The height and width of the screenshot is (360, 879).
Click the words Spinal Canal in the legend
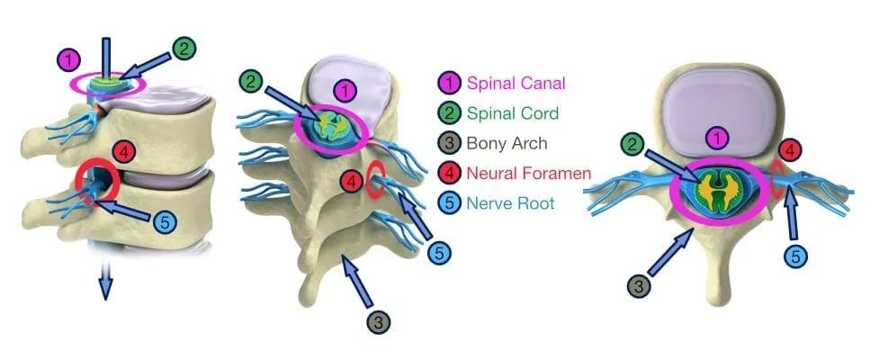[516, 84]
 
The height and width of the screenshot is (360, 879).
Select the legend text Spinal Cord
[513, 113]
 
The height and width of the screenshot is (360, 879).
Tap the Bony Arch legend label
[508, 143]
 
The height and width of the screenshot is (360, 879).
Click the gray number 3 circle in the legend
[447, 143]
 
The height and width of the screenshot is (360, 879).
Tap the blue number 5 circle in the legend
[447, 203]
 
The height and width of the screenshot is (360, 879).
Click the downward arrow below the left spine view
[105, 285]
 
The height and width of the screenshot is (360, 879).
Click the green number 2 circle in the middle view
[253, 81]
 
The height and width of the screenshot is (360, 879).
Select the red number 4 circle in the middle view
[354, 183]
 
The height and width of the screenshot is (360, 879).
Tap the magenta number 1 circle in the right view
[717, 139]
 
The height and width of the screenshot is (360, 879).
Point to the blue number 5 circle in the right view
[794, 256]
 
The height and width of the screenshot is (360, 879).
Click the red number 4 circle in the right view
[789, 149]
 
